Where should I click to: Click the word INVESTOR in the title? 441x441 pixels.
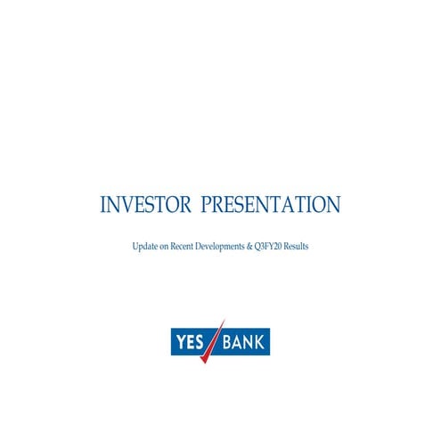[x=145, y=205]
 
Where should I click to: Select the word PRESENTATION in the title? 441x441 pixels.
[x=271, y=205]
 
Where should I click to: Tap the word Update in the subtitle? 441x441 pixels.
[x=144, y=245]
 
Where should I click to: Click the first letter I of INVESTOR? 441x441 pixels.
[x=102, y=205]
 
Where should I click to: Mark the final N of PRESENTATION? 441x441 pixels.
[x=332, y=205]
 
